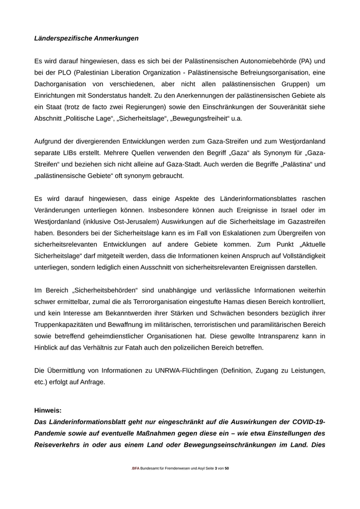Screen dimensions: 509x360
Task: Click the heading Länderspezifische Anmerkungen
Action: pyautogui.click(x=86, y=38)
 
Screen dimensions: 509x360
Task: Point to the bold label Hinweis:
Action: pyautogui.click(x=48, y=410)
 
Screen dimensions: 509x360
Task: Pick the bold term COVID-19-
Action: pyautogui.click(x=307, y=422)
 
